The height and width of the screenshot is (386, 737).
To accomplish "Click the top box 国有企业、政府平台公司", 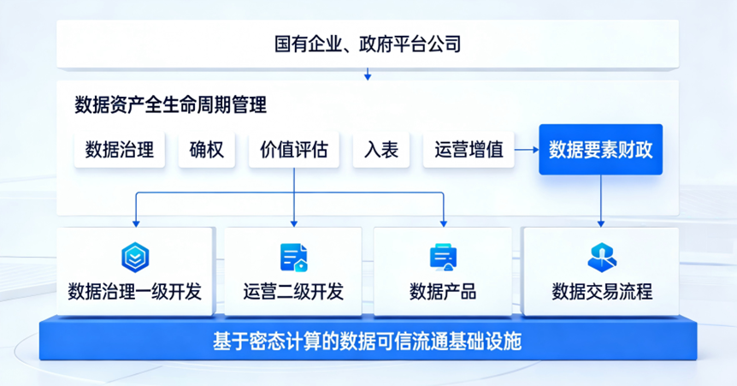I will tap(368, 43).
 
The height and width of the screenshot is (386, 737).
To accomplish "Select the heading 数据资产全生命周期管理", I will tap(171, 105).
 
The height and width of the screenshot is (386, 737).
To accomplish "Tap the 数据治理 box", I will tap(120, 150).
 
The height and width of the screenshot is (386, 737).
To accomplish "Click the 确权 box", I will tap(206, 150).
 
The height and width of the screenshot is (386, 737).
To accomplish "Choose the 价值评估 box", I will tap(293, 150).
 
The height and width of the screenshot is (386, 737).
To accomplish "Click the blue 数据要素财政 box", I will tap(600, 150).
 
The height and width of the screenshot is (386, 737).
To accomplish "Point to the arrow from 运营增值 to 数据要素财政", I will tap(525, 150).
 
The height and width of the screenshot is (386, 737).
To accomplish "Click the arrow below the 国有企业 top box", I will tap(368, 74).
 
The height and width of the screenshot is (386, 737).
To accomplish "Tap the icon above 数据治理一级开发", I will tap(135, 255).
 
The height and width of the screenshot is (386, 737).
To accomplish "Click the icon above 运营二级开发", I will tap(293, 255).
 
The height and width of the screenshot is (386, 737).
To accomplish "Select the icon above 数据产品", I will tap(443, 255).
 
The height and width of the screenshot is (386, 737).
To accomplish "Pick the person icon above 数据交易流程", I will tap(600, 255).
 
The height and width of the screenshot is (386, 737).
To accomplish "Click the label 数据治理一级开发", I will tap(135, 292).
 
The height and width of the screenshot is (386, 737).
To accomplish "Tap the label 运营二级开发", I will tap(293, 292).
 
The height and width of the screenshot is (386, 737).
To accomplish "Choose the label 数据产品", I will tap(443, 292).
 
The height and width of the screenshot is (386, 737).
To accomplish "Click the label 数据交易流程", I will tap(602, 292).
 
